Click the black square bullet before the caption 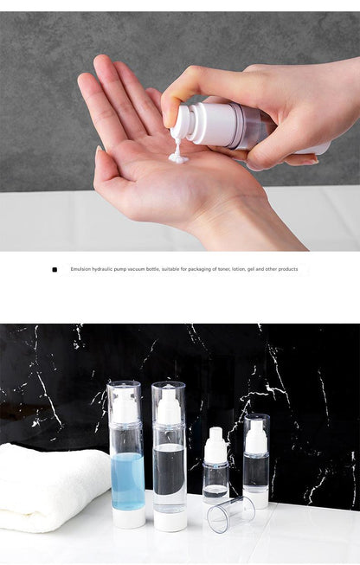(55, 270)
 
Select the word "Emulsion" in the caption (80, 269)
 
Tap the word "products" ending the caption (288, 269)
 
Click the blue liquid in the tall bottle (127, 481)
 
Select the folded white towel (54, 486)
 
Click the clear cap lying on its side (231, 514)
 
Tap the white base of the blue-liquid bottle (129, 518)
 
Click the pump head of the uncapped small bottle (215, 445)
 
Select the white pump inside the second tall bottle (169, 407)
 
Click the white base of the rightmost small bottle (256, 498)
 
